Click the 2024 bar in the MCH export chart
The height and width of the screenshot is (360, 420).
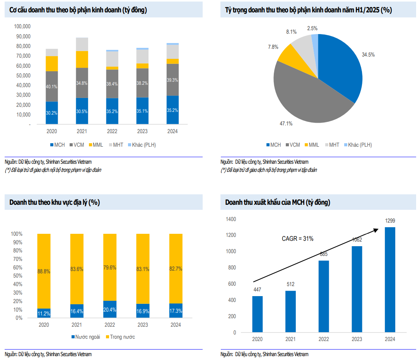pos(390,279)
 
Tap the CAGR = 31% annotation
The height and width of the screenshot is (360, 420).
pos(297,239)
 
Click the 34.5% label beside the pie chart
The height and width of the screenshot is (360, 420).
pos(368,55)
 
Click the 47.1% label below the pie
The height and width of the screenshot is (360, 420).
pos(286,124)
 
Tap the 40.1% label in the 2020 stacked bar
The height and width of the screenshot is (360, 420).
pos(51,86)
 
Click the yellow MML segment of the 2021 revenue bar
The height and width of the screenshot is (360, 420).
pos(82,59)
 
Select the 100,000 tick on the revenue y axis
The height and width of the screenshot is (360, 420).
pos(22,27)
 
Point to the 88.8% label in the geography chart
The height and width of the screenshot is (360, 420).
pos(44,271)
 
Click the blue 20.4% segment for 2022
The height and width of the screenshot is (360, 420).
pos(110,309)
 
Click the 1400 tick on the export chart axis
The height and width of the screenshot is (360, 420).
pos(231,219)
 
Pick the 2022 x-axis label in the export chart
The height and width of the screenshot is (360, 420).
pos(324,339)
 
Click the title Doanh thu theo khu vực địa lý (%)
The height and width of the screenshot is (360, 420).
pos(55,202)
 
